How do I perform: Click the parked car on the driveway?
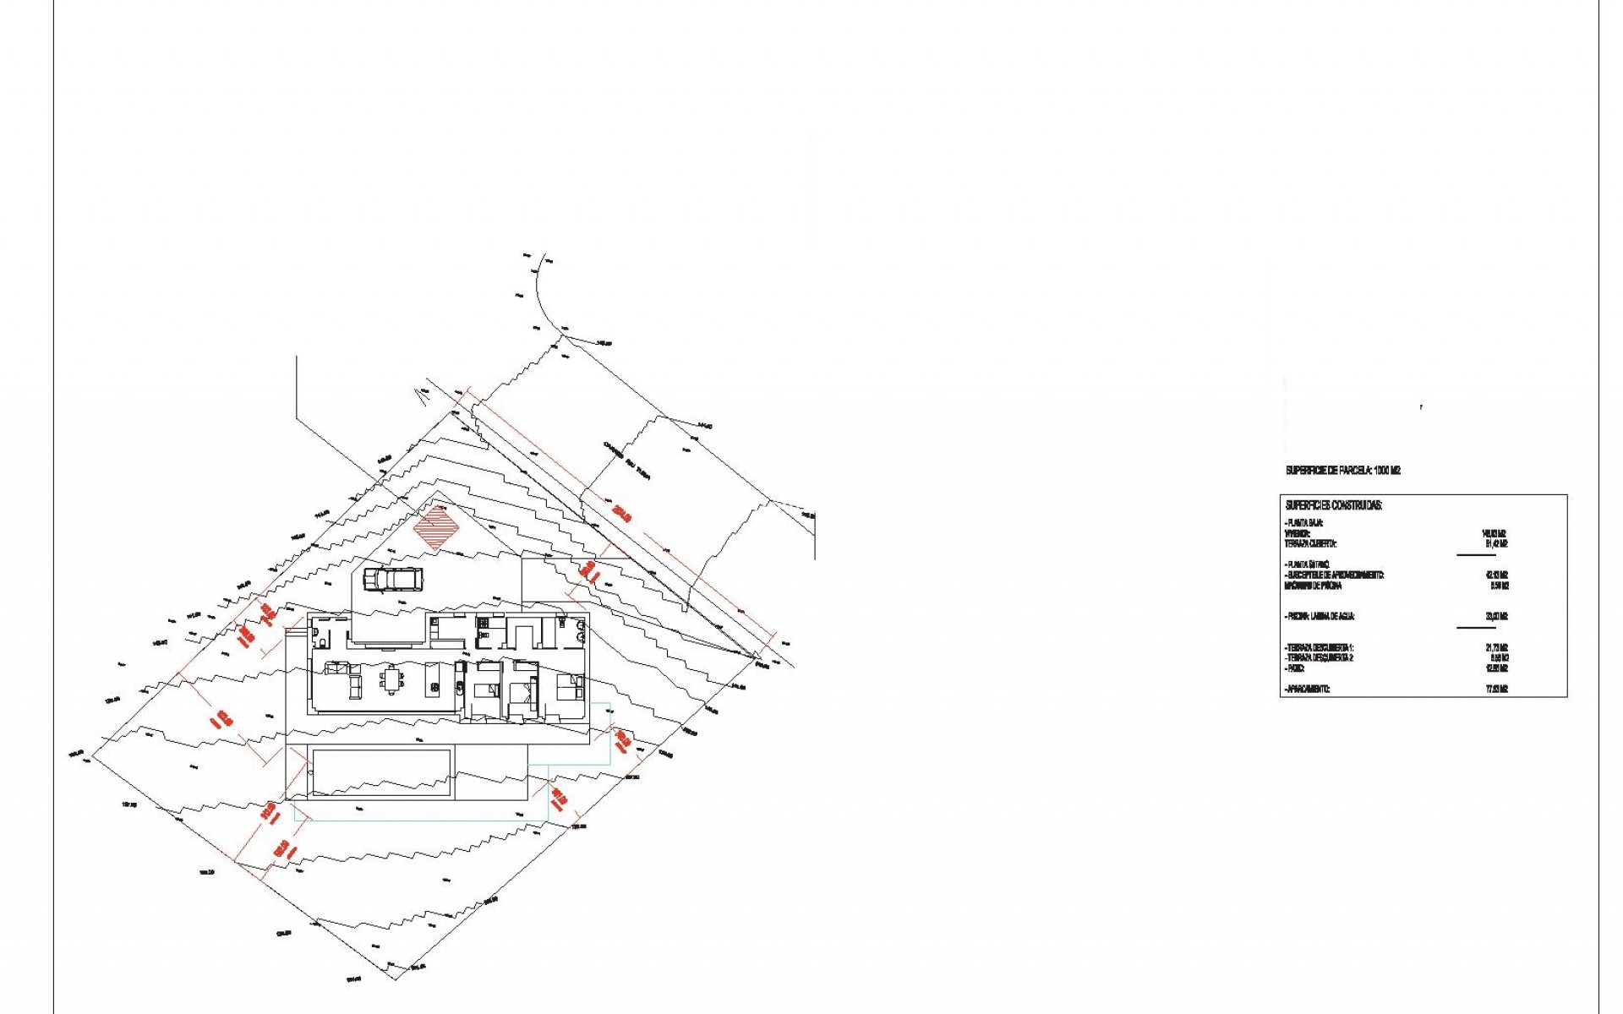[393, 579]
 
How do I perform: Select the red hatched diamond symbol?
[436, 528]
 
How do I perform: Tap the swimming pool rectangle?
[381, 771]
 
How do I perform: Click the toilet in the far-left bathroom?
[318, 635]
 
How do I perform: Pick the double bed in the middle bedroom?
[525, 690]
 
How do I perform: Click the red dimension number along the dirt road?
[623, 512]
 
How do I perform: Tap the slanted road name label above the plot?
[631, 457]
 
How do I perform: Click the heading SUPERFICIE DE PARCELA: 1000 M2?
[1342, 471]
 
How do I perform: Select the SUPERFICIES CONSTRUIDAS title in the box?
[1333, 505]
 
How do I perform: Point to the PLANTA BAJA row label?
[1305, 524]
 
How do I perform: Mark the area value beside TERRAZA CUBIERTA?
[1497, 544]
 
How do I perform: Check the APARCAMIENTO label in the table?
[1308, 690]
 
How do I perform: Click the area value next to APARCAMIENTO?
[1497, 690]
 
